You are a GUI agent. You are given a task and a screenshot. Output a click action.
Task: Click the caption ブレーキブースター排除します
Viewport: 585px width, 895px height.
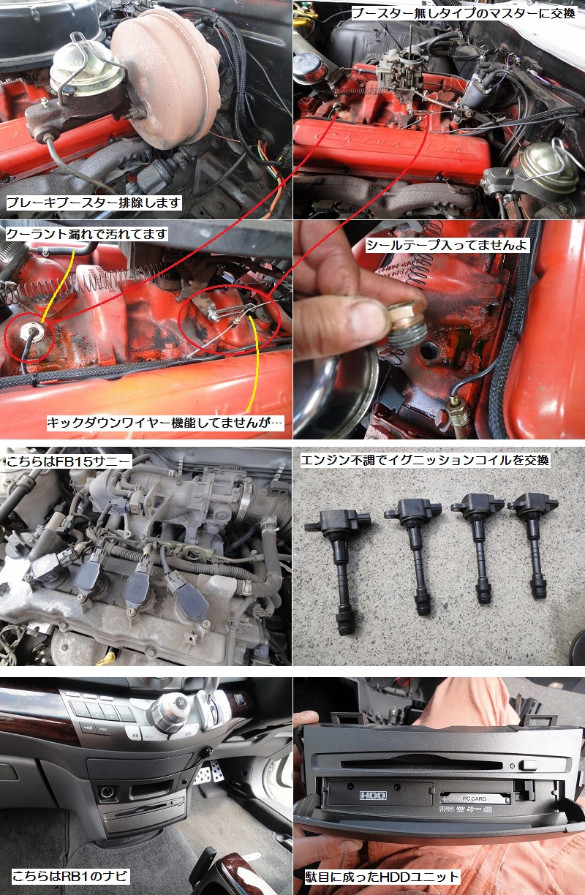tap(93, 203)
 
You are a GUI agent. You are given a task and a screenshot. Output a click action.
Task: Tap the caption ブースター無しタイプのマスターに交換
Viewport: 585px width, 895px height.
tap(464, 14)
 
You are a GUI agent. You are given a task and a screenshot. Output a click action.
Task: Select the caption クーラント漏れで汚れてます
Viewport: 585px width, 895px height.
tap(87, 234)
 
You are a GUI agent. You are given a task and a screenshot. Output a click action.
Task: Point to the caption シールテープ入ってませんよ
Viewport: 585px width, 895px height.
tap(447, 245)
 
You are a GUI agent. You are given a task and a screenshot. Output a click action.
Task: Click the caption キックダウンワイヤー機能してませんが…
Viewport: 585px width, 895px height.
tap(165, 422)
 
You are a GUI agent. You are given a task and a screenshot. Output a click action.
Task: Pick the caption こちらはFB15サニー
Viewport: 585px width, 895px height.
tap(69, 461)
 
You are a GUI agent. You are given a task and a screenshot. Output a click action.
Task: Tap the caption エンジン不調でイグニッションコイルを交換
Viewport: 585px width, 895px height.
tap(425, 460)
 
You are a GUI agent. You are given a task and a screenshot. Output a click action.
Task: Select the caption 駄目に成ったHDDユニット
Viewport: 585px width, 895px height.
tap(382, 876)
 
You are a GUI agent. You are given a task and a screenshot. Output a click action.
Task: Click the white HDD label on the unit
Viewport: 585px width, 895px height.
tap(373, 794)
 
